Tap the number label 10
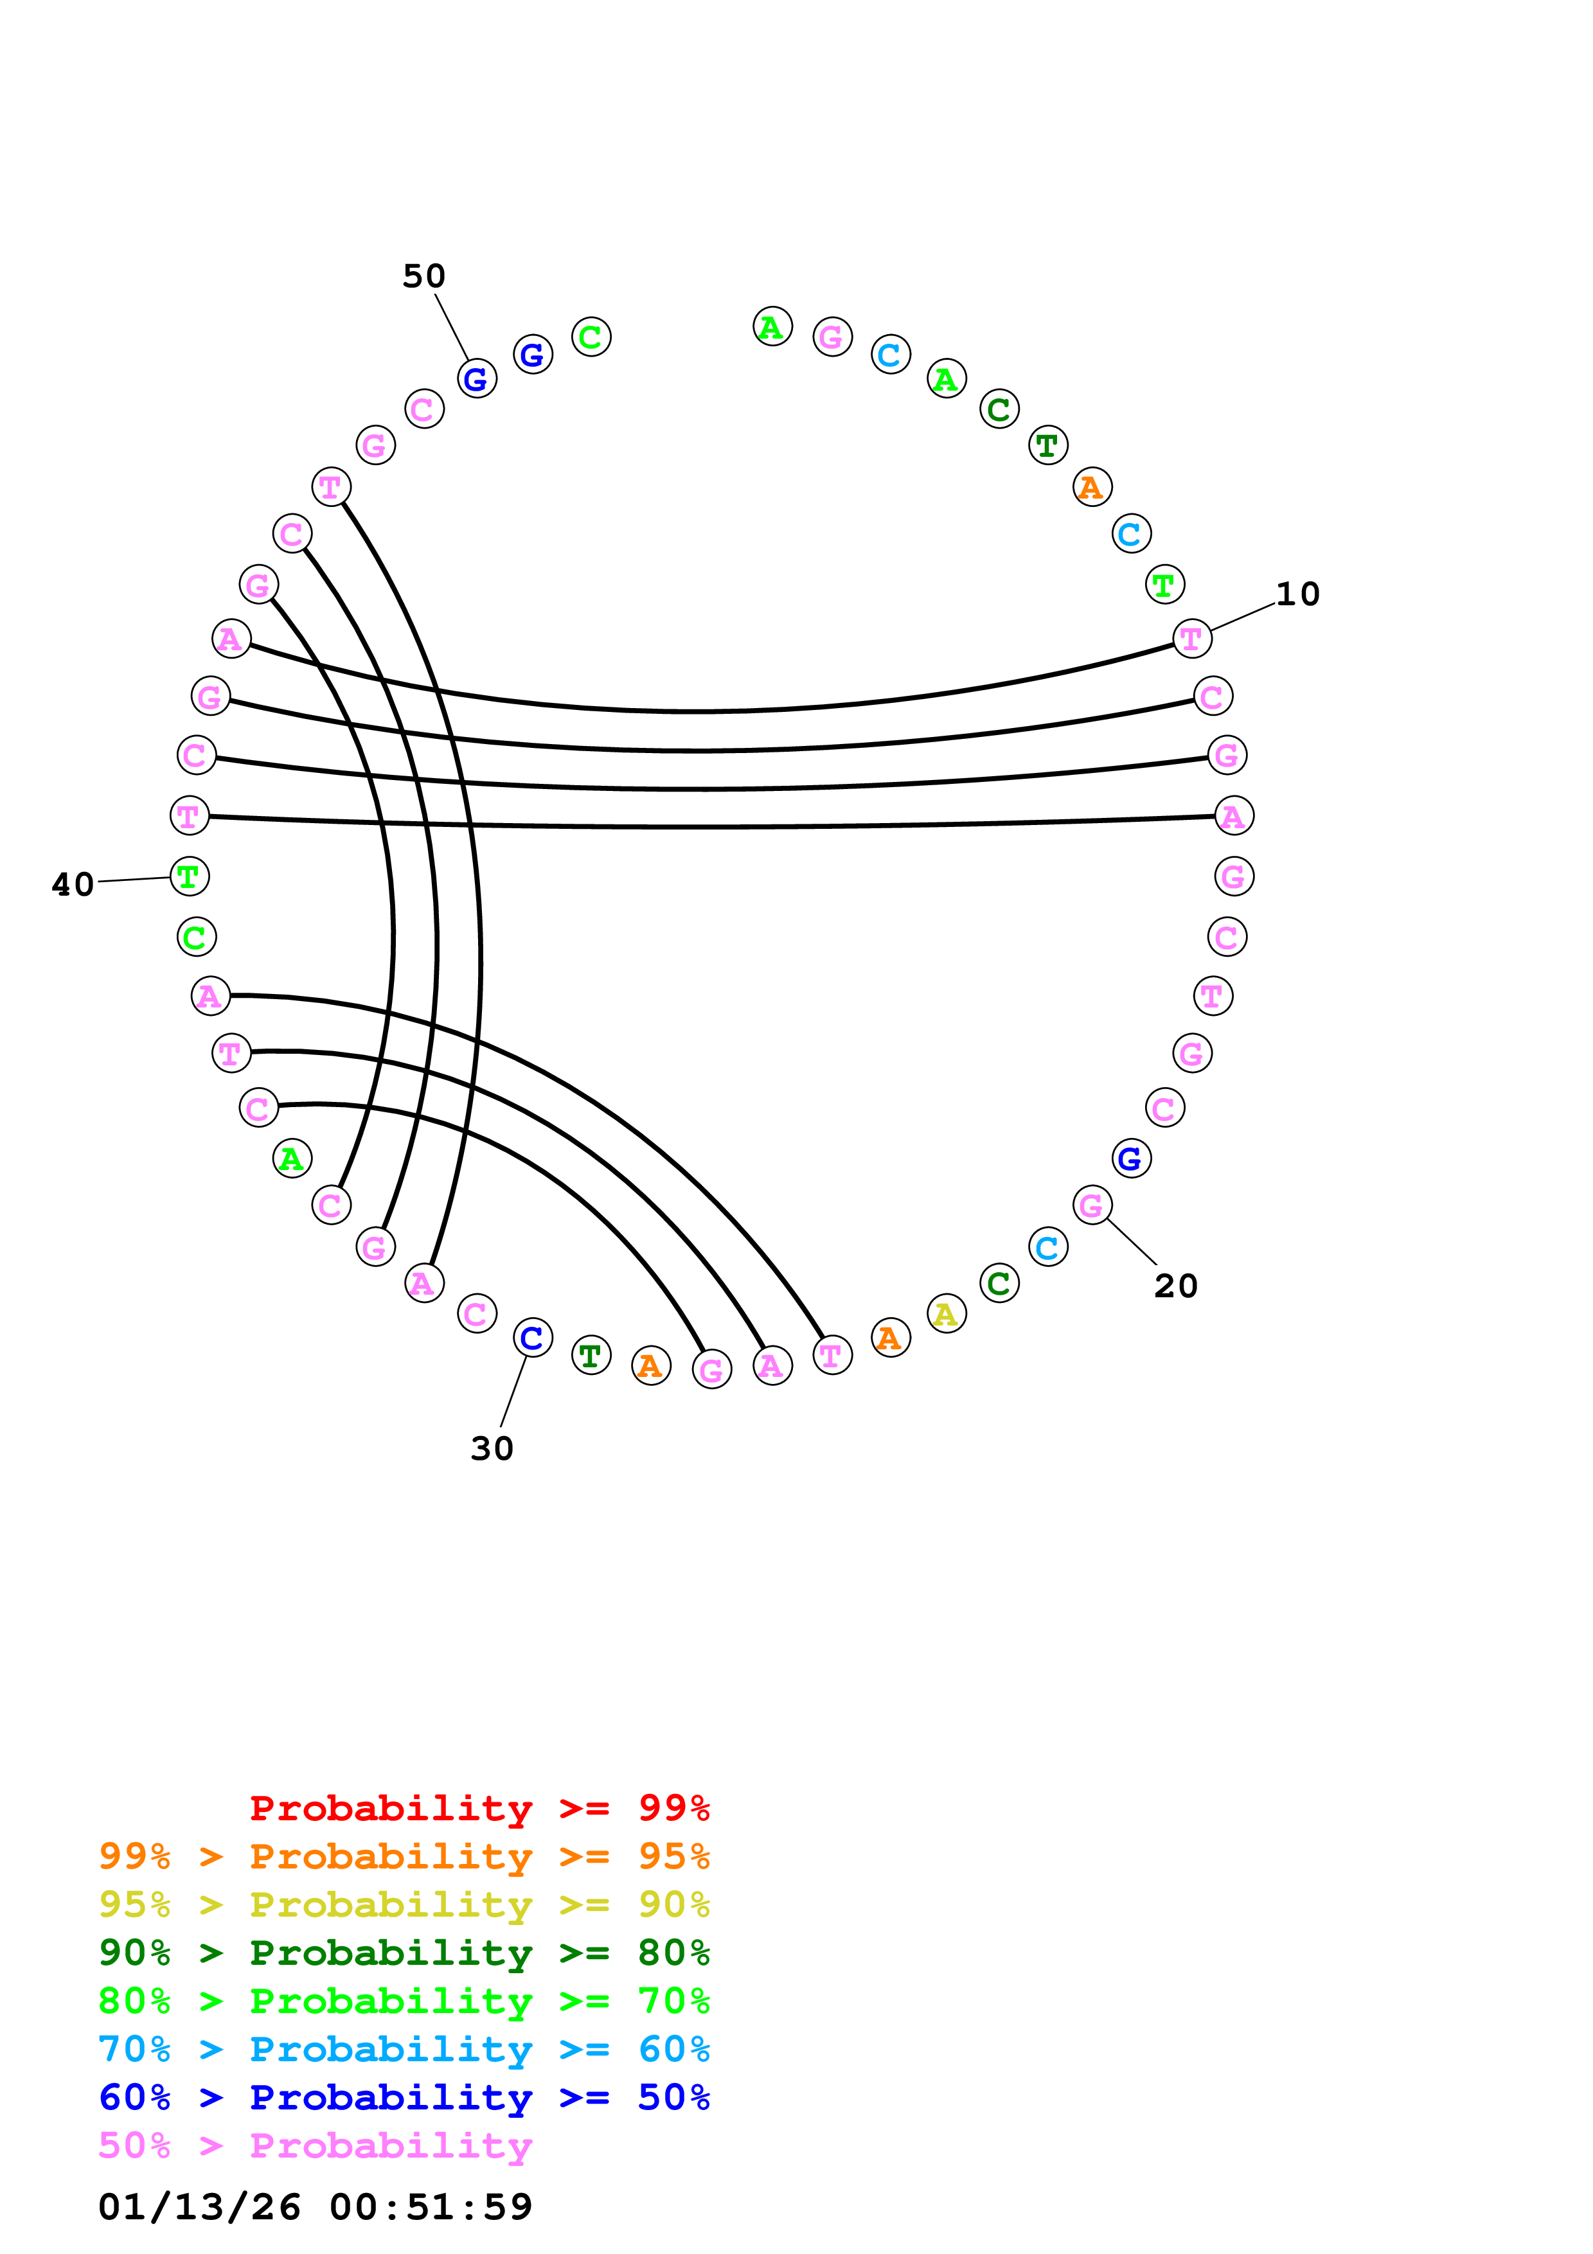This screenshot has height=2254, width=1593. pyautogui.click(x=1297, y=594)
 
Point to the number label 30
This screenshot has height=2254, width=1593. pyautogui.click(x=492, y=1449)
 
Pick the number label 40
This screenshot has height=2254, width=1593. pyautogui.click(x=73, y=885)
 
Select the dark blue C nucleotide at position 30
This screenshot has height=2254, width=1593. pyautogui.click(x=533, y=1337)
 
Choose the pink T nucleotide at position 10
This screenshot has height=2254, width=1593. pyautogui.click(x=1191, y=638)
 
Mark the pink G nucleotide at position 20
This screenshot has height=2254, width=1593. pyautogui.click(x=1091, y=1205)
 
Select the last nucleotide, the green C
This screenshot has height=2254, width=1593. pyautogui.click(x=591, y=337)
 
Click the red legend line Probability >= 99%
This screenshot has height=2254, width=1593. pyautogui.click(x=479, y=1807)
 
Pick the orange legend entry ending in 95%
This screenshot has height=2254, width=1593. pyautogui.click(x=404, y=1856)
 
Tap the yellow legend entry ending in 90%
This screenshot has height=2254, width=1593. pyautogui.click(x=404, y=1904)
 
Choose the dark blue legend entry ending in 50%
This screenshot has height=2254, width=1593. pyautogui.click(x=404, y=2097)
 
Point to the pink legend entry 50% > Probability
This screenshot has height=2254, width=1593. pyautogui.click(x=314, y=2145)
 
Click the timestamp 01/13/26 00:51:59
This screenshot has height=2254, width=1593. pyautogui.click(x=315, y=2206)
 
